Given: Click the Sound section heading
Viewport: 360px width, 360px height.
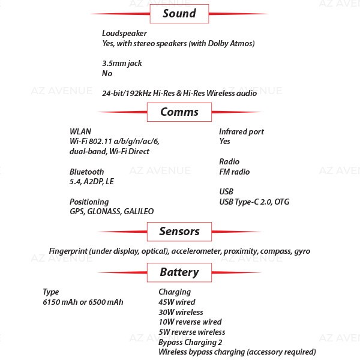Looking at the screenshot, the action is (179, 14).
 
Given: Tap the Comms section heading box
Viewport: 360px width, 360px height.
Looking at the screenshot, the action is (179, 112).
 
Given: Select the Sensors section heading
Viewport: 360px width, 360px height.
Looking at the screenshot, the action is (179, 232).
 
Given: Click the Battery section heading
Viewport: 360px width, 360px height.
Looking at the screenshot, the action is (179, 272).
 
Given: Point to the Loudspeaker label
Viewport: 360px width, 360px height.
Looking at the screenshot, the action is (124, 34).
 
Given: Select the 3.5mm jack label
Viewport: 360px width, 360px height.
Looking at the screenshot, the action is (122, 64).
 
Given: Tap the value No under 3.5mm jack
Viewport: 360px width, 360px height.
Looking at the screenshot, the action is (107, 73).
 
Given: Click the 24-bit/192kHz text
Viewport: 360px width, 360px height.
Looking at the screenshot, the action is (127, 93).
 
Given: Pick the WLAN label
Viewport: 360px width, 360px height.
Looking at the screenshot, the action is (80, 131).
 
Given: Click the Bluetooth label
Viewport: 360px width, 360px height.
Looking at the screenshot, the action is (86, 172).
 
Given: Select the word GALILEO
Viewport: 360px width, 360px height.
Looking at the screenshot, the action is (139, 211).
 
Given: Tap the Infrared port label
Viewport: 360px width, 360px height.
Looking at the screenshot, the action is (241, 132).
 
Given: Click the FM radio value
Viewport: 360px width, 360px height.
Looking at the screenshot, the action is (235, 172).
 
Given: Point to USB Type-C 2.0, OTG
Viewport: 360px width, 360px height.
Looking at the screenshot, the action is (254, 202).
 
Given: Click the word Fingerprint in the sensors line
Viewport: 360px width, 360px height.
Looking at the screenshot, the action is (68, 251).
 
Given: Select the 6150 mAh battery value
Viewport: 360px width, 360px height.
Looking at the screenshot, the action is (60, 302).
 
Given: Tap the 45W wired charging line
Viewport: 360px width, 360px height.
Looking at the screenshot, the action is (177, 302).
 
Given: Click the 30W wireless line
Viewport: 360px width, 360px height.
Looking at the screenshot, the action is (181, 312).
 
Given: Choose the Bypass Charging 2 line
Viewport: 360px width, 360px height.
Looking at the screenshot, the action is (190, 343).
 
